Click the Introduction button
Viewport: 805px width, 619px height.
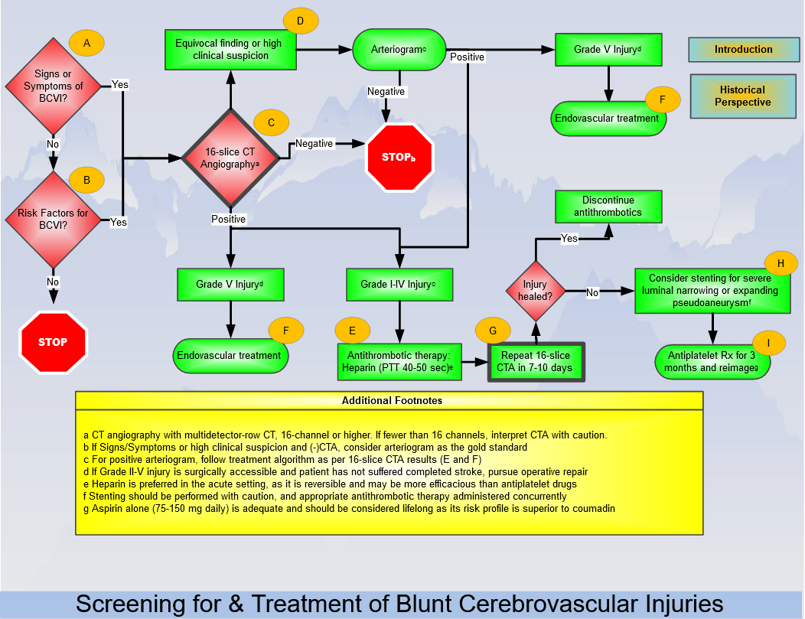[x=743, y=50]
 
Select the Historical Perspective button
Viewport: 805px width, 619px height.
[x=743, y=96]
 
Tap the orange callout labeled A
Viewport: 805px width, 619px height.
[x=86, y=43]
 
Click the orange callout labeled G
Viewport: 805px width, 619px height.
[x=493, y=331]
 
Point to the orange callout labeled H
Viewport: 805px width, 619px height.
[x=781, y=263]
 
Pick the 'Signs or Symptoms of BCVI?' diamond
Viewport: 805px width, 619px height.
[x=54, y=86]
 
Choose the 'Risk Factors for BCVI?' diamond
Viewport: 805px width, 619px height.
[x=54, y=219]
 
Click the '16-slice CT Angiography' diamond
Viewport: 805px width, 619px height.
[x=230, y=158]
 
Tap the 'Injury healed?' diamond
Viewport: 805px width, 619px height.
[x=536, y=291]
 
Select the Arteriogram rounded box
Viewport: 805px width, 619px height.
[x=399, y=50]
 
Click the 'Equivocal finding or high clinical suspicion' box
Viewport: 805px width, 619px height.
[x=230, y=50]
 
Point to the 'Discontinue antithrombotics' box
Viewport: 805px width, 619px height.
[x=608, y=207]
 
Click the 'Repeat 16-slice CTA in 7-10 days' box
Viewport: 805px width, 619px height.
[x=536, y=362]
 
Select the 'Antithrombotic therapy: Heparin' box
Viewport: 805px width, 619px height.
[x=399, y=362]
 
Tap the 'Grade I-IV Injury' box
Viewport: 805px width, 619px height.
[x=399, y=285]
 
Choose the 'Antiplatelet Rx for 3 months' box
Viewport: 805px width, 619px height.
[x=712, y=362]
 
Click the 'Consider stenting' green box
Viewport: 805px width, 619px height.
[x=712, y=291]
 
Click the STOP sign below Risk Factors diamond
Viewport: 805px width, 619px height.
[x=53, y=342]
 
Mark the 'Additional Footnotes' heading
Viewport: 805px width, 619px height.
[x=393, y=400]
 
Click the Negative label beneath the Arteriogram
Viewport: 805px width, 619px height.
[x=386, y=91]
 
